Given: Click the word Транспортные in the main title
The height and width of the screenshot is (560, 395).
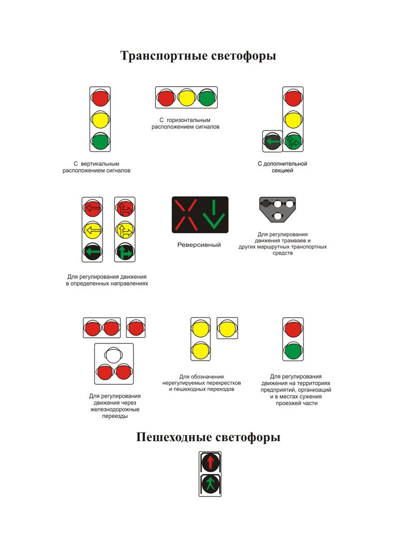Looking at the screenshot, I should coord(164,56).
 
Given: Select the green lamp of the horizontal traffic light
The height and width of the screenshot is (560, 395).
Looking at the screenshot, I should coord(207,97).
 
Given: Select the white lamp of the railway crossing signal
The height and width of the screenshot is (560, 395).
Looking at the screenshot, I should coord(113,355).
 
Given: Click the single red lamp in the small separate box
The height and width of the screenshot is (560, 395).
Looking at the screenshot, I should coord(136,328).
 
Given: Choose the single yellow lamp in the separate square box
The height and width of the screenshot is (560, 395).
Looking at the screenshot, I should coord(227,328).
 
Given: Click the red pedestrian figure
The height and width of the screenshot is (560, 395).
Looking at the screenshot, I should coord(210,462).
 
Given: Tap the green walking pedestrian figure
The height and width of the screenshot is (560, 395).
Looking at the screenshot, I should coord(210,485).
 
